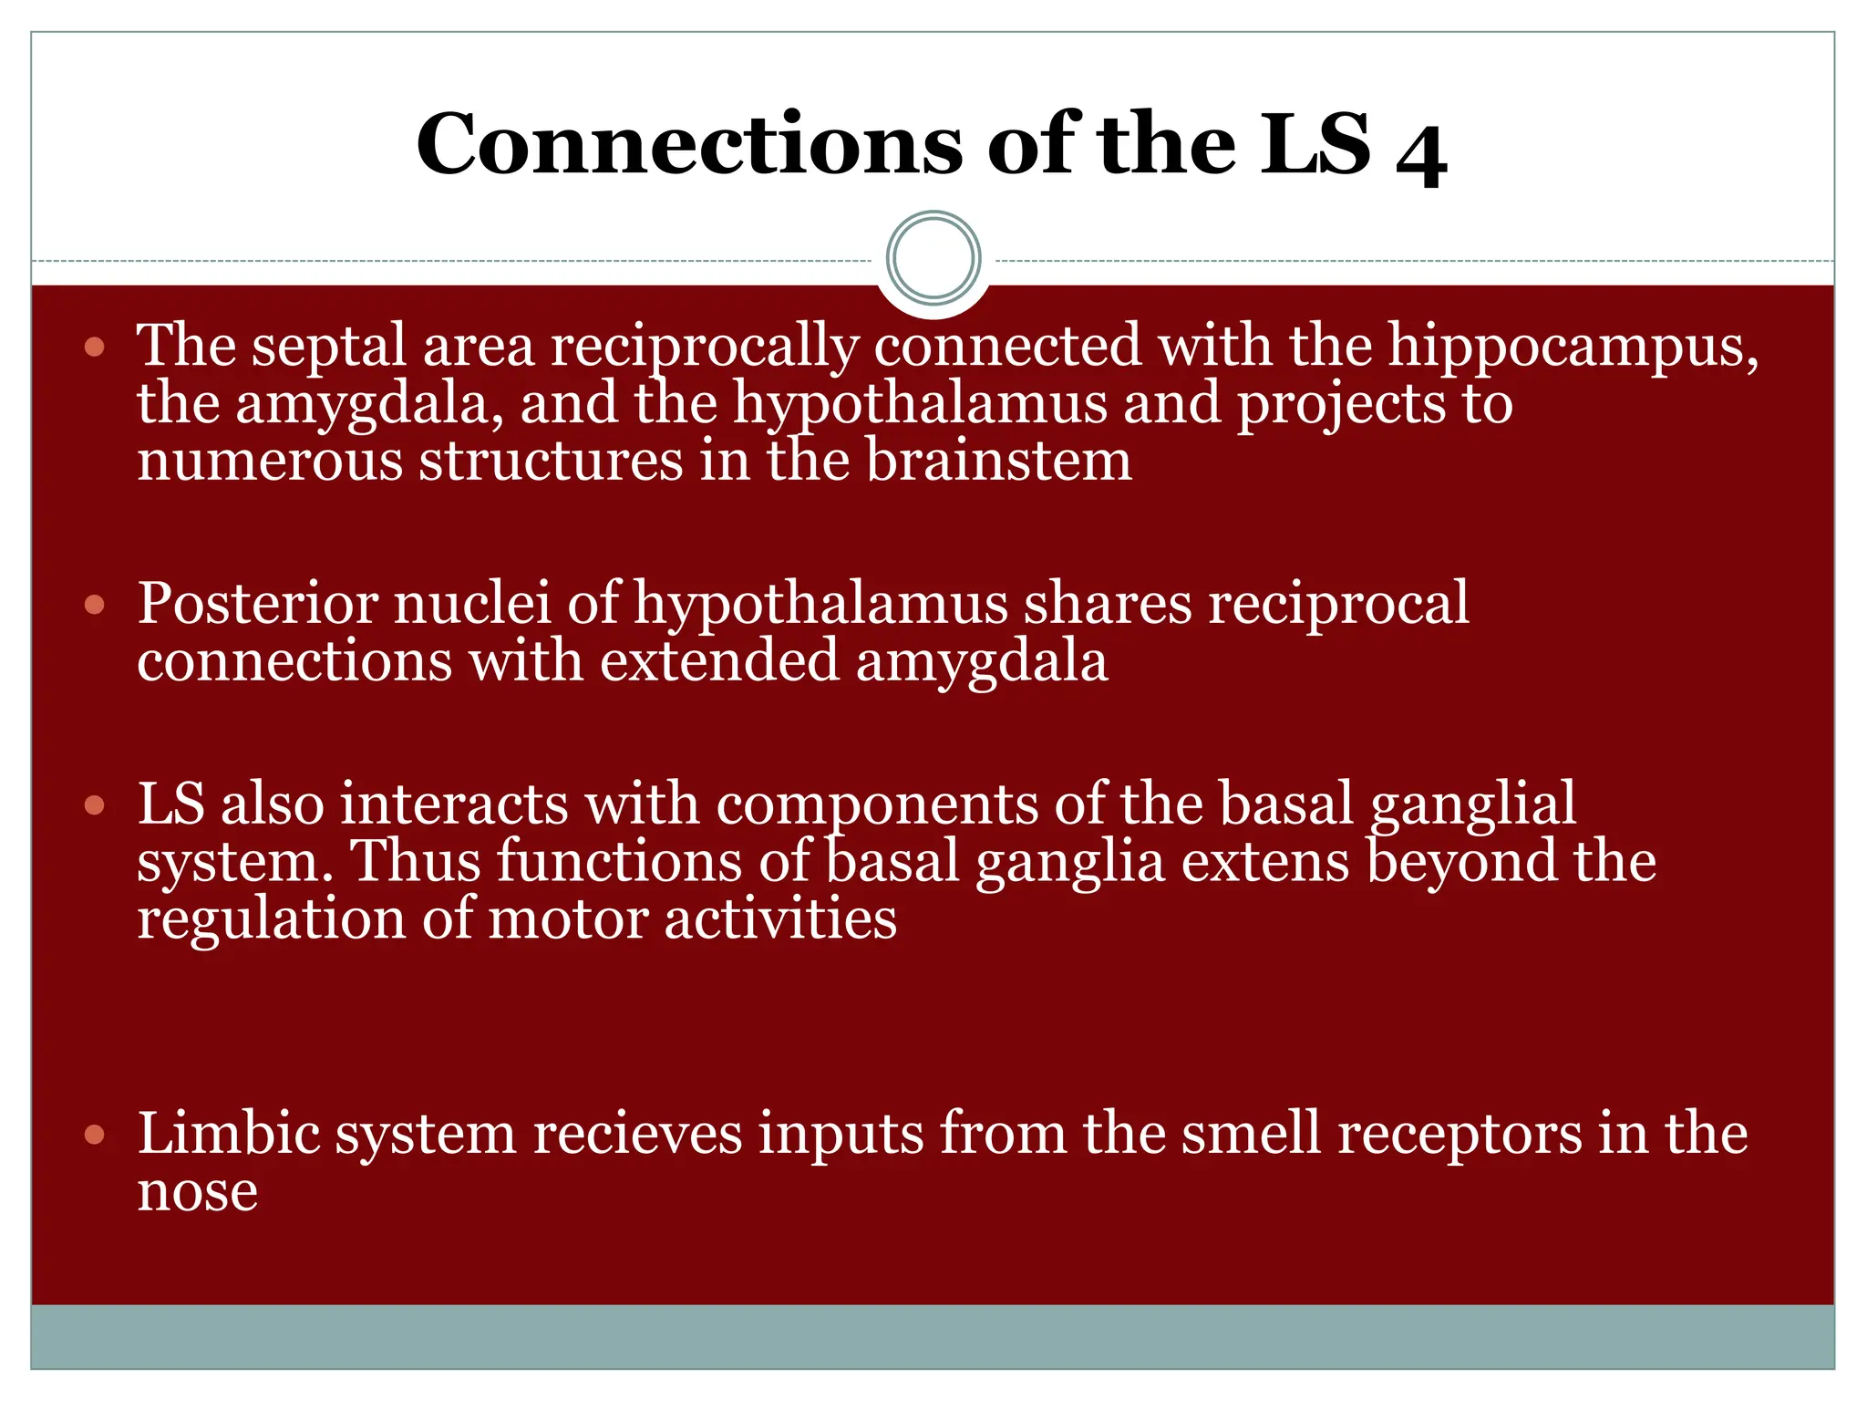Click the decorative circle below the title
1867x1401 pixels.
pyautogui.click(x=933, y=258)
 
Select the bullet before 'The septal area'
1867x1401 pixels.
pyautogui.click(x=95, y=348)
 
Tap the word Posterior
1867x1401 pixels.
pyautogui.click(x=258, y=604)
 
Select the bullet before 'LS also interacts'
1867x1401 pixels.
pyautogui.click(x=95, y=805)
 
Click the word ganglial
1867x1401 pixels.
pyautogui.click(x=1472, y=805)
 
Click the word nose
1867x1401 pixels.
pyautogui.click(x=197, y=1193)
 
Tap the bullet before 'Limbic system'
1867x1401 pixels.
pyautogui.click(x=95, y=1136)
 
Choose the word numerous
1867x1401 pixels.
pyautogui.click(x=269, y=460)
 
